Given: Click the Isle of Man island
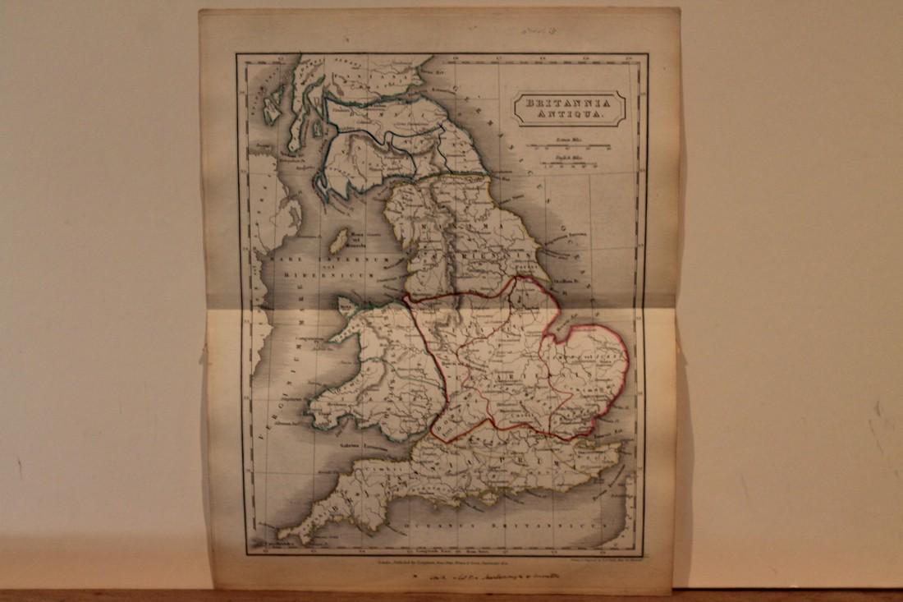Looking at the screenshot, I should tap(337, 241).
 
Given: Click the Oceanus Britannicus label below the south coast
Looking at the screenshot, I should tap(509, 522).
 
